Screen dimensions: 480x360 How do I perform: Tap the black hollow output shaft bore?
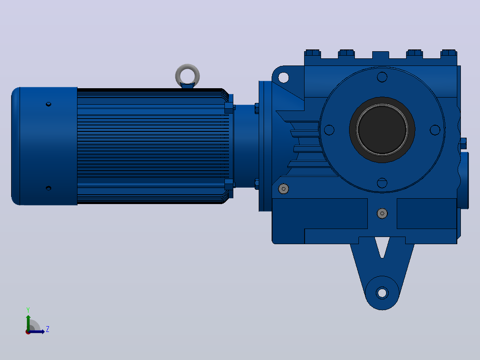click(382, 130)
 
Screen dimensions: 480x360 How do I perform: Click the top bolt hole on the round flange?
click(382, 77)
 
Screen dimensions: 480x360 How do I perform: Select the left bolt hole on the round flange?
click(329, 130)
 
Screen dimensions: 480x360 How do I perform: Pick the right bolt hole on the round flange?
click(435, 130)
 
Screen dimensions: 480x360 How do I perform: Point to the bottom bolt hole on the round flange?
click(382, 183)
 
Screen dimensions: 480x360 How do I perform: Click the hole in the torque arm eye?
click(382, 293)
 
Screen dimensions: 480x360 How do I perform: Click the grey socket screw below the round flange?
click(382, 213)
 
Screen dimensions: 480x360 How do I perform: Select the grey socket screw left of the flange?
click(284, 189)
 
